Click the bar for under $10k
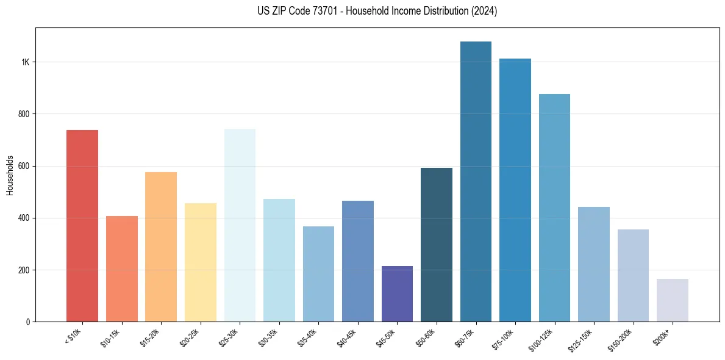82,226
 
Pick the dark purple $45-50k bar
397,293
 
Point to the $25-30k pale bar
240,225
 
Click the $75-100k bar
515,190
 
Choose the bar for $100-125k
554,207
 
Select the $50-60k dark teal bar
436,245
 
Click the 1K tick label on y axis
25,62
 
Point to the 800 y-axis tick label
24,114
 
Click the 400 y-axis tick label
24,218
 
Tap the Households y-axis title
10,175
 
